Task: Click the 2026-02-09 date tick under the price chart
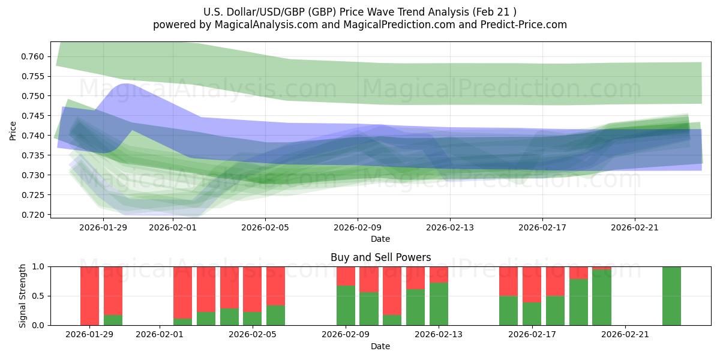click(x=358, y=227)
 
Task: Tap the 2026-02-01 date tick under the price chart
click(x=173, y=227)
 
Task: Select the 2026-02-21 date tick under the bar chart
click(x=625, y=334)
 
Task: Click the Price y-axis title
click(x=13, y=130)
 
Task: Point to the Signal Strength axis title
click(x=22, y=295)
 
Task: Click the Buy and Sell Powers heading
click(x=380, y=257)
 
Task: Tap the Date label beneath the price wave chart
click(x=380, y=239)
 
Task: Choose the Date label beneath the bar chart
click(x=380, y=346)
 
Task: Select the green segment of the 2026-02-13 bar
click(x=439, y=304)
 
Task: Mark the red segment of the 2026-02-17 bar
click(x=532, y=284)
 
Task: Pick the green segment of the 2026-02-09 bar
click(x=346, y=305)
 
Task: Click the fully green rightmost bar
click(x=671, y=295)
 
